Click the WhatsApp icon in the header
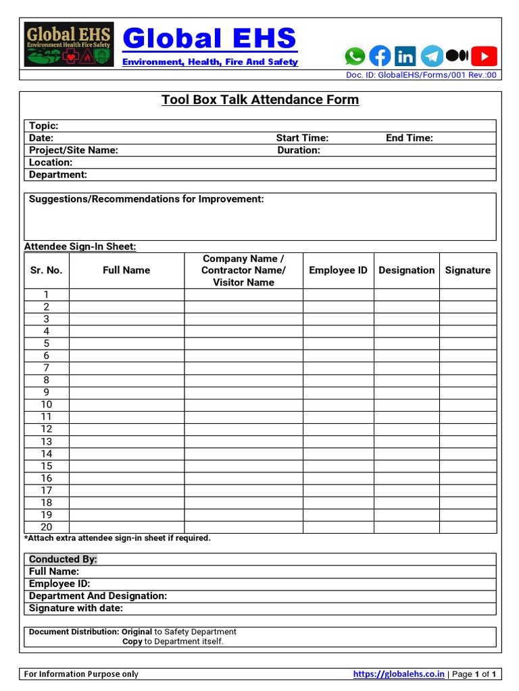(354, 56)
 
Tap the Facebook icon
(380, 56)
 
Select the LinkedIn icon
(405, 56)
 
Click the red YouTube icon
(484, 56)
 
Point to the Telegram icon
(432, 56)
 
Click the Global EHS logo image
(69, 45)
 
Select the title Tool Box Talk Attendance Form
(260, 100)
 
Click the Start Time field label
(302, 138)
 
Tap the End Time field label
(410, 138)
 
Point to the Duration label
(299, 150)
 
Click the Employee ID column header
(338, 270)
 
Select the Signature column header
(468, 270)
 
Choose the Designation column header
(407, 270)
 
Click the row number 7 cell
(47, 368)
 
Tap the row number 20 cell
(47, 527)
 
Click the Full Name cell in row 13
(126, 441)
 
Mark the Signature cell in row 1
(468, 294)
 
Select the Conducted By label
(63, 559)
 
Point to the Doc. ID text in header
(421, 75)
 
